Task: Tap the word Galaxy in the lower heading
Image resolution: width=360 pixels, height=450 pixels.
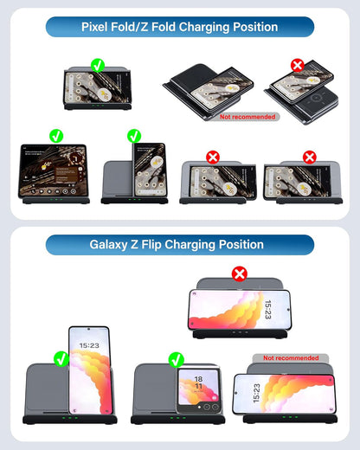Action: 112,244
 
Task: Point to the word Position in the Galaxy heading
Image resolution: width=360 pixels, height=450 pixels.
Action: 241,244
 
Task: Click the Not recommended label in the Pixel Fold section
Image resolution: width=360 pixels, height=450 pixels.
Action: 247,116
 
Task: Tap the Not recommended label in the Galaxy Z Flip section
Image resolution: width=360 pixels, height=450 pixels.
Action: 291,357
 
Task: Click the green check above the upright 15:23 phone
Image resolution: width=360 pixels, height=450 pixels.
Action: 61,358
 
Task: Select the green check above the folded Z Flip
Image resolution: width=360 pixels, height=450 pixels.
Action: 177,358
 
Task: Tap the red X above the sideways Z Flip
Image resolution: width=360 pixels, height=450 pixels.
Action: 240,273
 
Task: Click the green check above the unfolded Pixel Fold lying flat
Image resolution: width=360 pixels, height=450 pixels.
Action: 56,136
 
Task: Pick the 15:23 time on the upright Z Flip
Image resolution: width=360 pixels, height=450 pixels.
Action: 89,345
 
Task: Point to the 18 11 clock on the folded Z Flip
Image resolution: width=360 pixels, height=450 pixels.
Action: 197,382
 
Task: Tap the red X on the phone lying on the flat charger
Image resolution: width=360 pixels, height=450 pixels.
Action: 298,64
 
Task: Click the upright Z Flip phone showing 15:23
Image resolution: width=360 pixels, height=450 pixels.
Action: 89,372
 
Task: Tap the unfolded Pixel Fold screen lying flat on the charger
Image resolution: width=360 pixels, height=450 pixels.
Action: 55,171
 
